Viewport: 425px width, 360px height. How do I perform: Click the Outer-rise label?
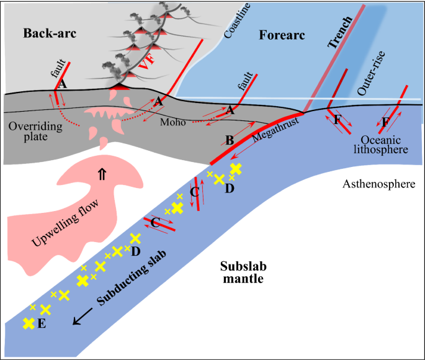tap(372, 83)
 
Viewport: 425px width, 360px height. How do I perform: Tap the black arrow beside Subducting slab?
tap(79, 318)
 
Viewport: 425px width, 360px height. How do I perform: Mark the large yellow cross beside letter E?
tap(28, 323)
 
